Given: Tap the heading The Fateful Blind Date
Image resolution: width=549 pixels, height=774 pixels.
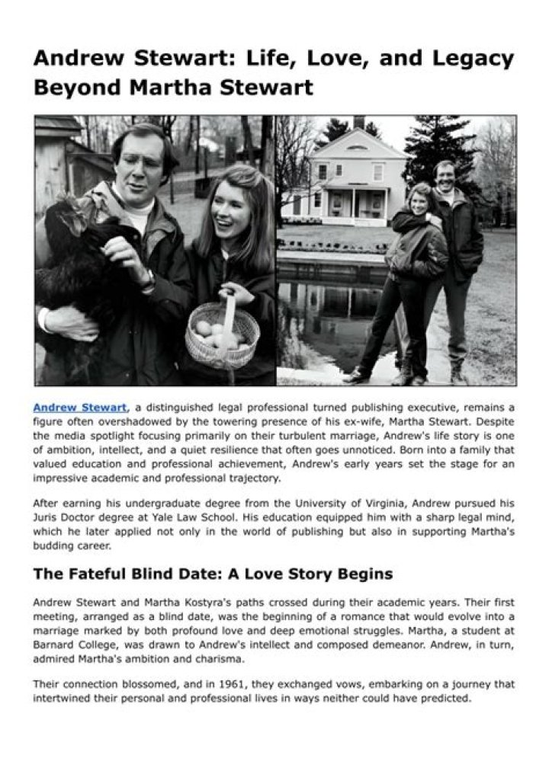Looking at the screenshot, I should coord(213,573).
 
